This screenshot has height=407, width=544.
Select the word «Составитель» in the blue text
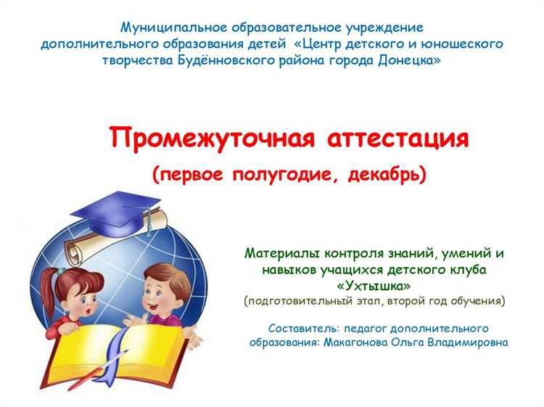302,328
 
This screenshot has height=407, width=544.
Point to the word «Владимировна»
466,342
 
